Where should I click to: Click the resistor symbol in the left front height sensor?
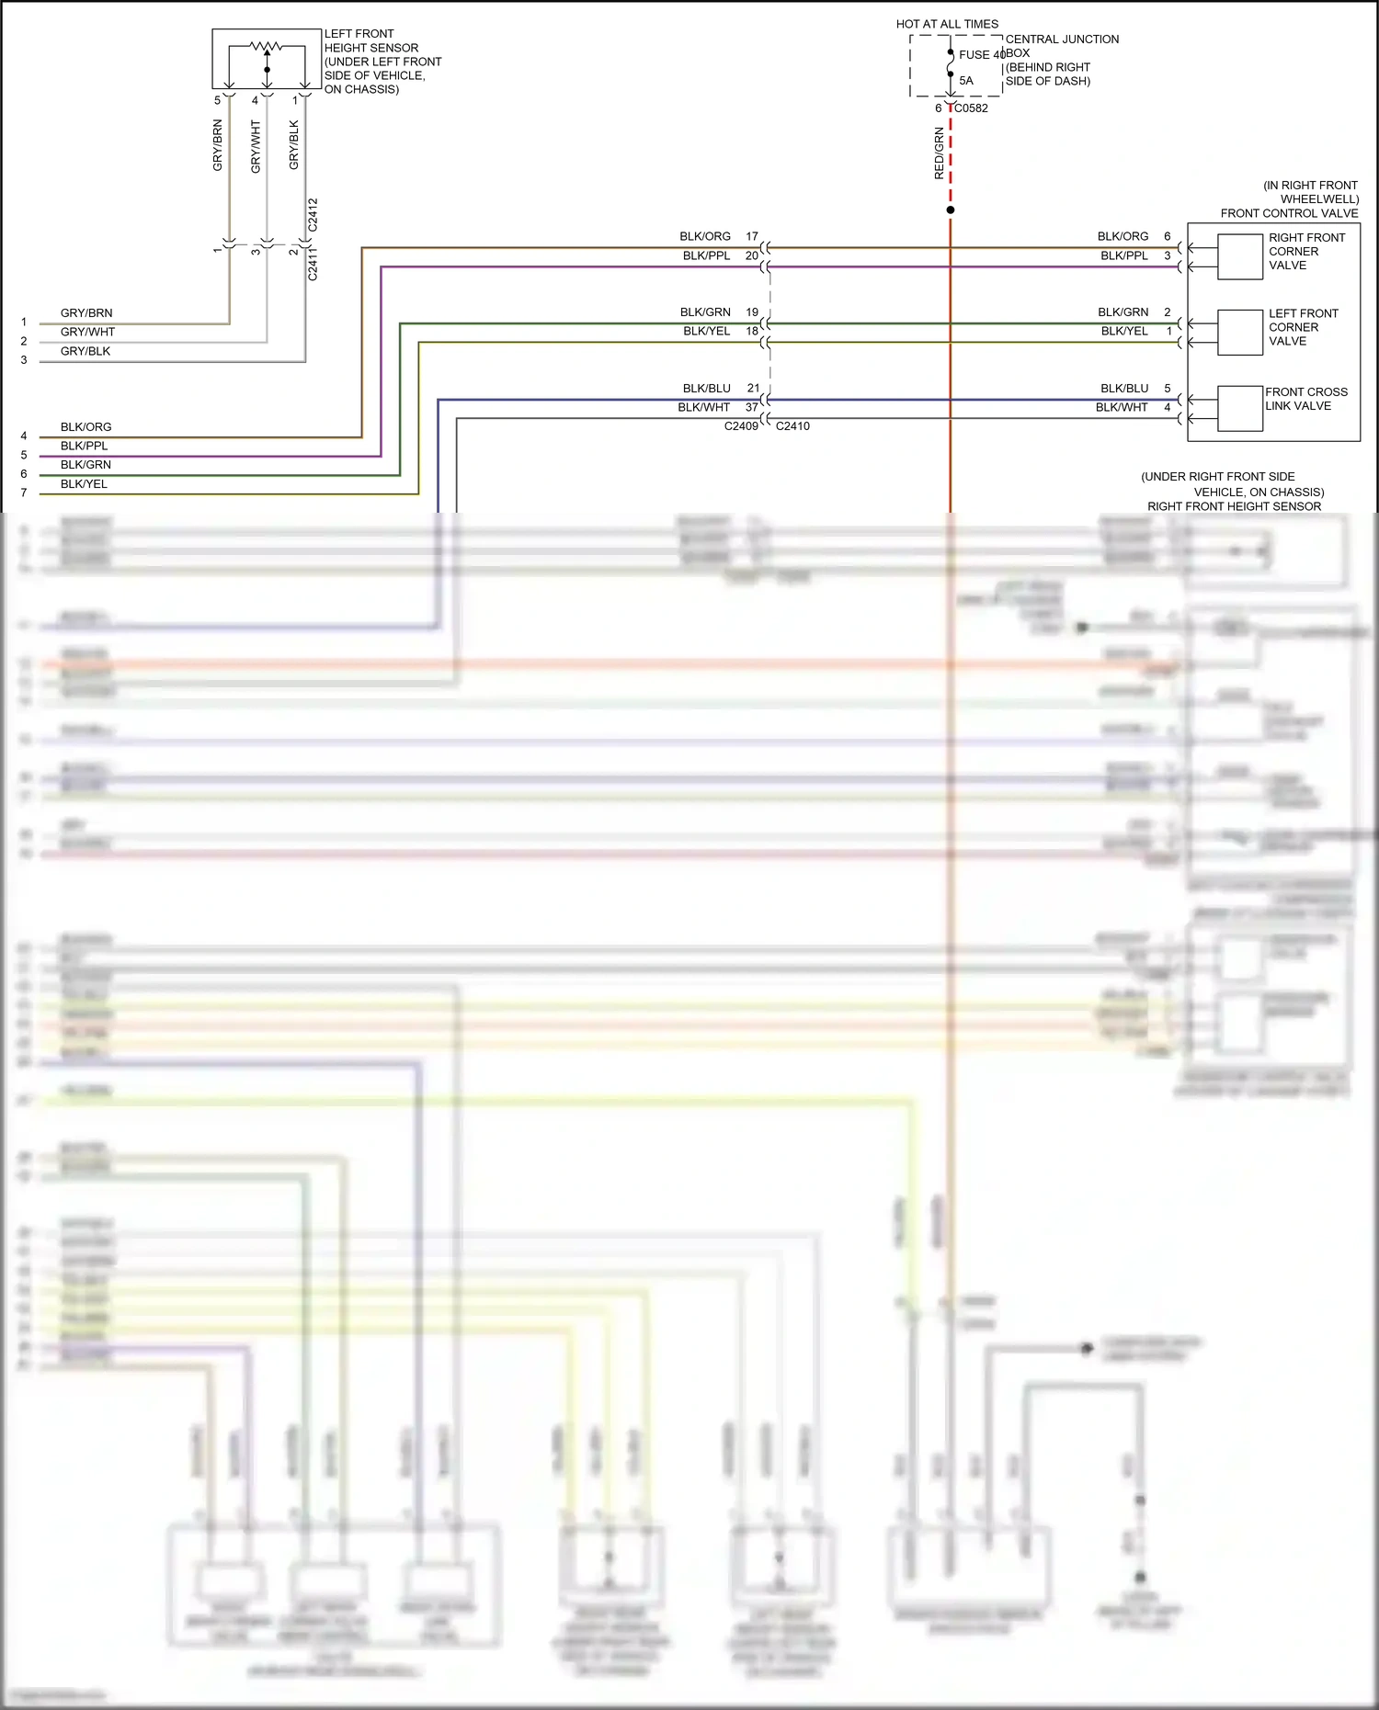pos(267,46)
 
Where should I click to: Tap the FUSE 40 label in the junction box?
pos(981,55)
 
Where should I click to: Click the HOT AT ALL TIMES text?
pos(947,24)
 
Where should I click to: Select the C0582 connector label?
pos(971,108)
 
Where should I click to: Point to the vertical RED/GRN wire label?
pos(939,153)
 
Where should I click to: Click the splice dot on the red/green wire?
pos(951,210)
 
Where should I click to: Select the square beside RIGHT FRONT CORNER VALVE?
pos(1240,256)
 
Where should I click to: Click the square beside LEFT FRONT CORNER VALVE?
pos(1240,333)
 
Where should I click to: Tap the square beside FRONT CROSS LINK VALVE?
pos(1240,409)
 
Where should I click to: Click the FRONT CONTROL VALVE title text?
pos(1289,213)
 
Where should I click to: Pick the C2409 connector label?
pos(741,426)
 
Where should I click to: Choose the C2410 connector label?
pos(792,426)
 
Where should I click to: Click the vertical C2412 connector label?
pos(313,214)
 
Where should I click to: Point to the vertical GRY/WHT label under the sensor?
pos(256,147)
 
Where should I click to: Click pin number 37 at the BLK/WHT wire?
pos(752,407)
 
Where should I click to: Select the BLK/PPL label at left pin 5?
pos(84,446)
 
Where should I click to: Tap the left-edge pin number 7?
pos(24,493)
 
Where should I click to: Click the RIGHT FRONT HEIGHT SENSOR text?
pos(1234,506)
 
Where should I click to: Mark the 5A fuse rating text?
pos(966,81)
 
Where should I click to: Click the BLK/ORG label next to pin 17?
pos(705,236)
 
